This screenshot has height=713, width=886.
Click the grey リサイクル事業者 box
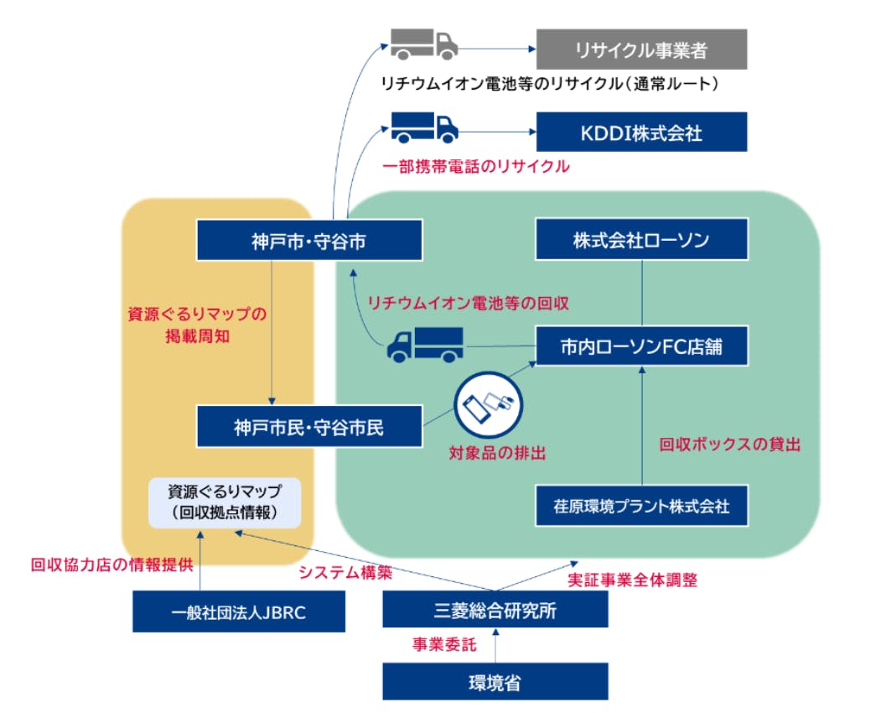point(641,49)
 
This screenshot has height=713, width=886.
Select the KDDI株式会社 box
point(641,132)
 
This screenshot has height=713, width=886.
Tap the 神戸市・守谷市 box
point(308,241)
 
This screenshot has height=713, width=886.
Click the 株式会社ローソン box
point(641,240)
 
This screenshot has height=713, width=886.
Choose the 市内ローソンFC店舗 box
point(641,346)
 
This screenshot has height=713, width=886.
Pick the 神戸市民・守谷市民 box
point(308,427)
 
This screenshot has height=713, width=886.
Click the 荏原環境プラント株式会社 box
point(641,506)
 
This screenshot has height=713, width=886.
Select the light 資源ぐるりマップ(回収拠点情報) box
point(225,502)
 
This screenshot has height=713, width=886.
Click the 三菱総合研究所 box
point(495,610)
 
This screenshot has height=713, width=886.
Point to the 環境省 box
point(495,682)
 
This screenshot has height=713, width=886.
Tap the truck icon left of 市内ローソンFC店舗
point(424,343)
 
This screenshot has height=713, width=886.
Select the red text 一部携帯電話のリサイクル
point(475,166)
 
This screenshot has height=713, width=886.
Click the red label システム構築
point(345,575)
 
